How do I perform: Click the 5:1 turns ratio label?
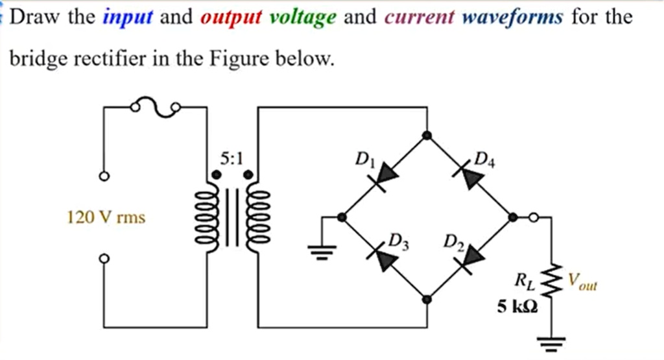231,158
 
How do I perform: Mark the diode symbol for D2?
470,258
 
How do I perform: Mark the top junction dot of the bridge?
427,135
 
